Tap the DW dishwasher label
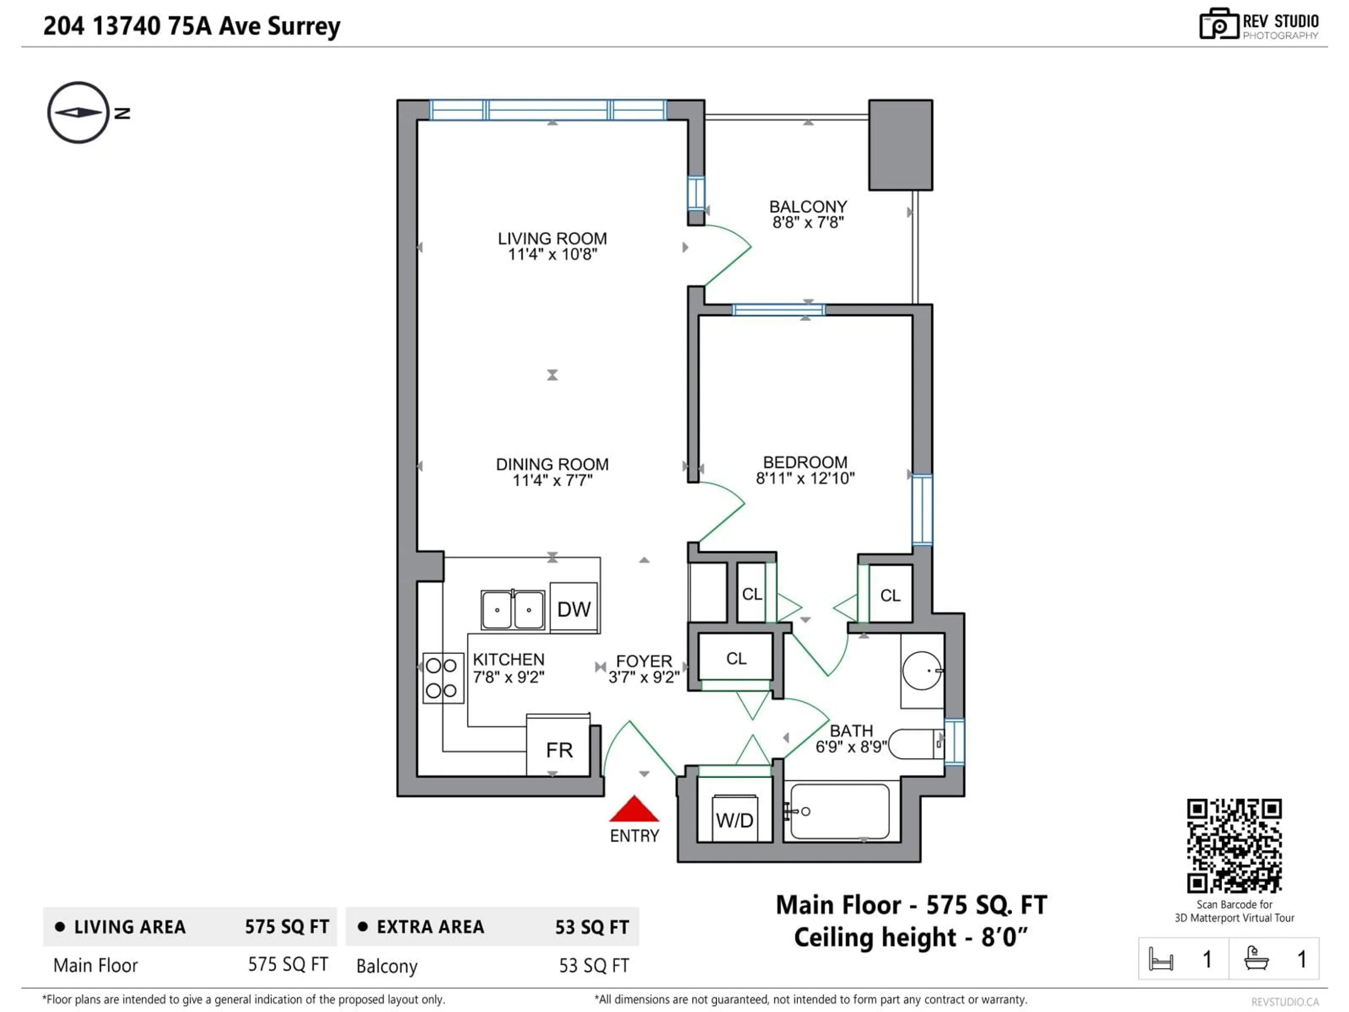[573, 609]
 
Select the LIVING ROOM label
[552, 239]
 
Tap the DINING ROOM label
[552, 464]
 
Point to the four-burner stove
[442, 678]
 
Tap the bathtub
[840, 811]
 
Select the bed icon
[1161, 959]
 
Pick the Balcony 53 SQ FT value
[593, 966]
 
